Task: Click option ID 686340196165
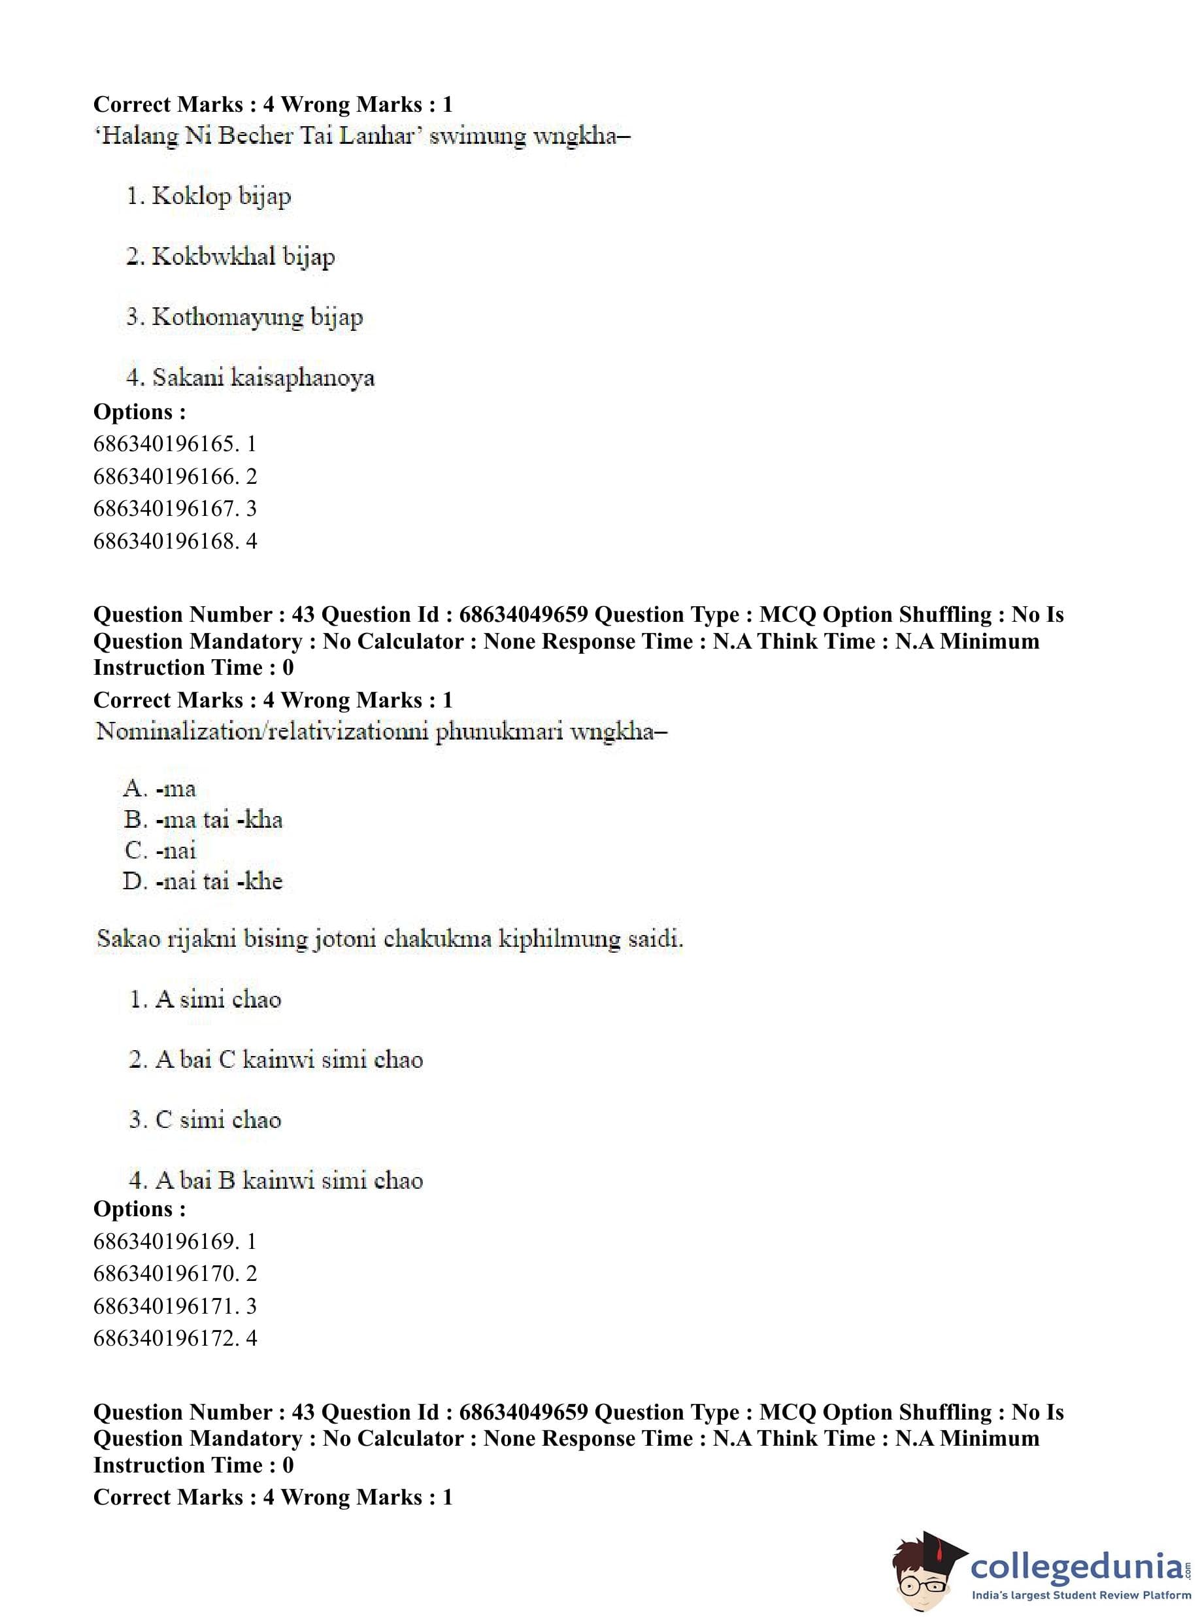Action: tap(175, 444)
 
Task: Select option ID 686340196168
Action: tap(175, 541)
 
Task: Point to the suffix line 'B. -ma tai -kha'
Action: tap(203, 820)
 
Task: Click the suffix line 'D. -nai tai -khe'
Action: tap(203, 881)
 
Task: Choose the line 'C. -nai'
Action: tap(160, 850)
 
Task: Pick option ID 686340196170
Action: tap(175, 1273)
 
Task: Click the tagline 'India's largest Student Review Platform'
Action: tap(1081, 1595)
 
